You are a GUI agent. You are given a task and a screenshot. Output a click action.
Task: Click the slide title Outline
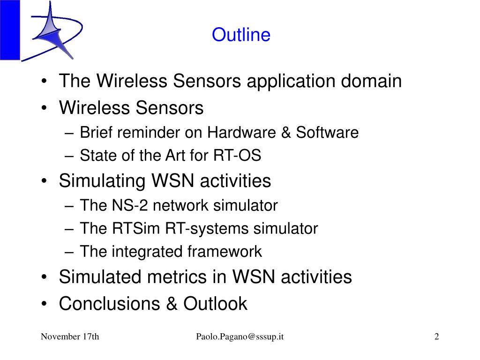241,35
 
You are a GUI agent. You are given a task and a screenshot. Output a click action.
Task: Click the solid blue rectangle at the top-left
10,30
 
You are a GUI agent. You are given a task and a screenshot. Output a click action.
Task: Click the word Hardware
241,133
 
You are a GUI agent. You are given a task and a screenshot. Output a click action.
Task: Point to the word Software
327,133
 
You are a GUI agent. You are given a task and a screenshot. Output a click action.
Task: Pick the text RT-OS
237,155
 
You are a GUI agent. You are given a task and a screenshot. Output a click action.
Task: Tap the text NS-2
130,205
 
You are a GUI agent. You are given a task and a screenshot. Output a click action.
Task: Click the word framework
225,251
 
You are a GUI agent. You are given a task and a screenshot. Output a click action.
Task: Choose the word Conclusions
109,304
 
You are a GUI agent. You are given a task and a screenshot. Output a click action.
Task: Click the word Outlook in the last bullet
215,304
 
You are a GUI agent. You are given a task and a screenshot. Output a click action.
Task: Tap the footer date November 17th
70,337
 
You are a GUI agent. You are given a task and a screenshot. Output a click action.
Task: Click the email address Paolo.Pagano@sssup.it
240,337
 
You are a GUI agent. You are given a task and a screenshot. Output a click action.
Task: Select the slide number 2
436,337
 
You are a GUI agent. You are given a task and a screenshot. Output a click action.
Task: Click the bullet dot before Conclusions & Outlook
45,304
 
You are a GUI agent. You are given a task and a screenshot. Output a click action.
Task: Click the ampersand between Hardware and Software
285,133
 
